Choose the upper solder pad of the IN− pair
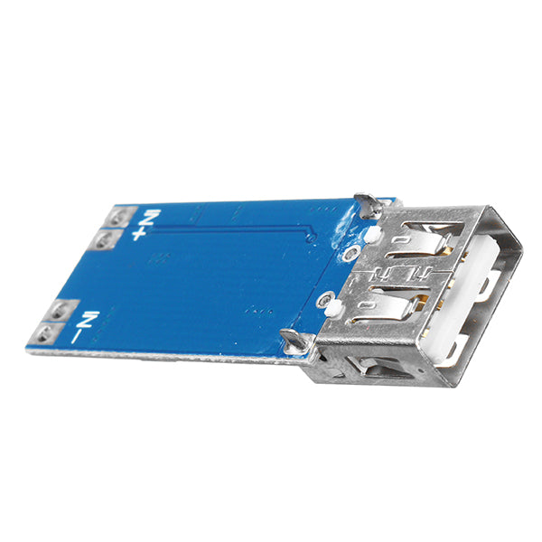pyautogui.click(x=61, y=311)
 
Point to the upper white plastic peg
pyautogui.click(x=370, y=237)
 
